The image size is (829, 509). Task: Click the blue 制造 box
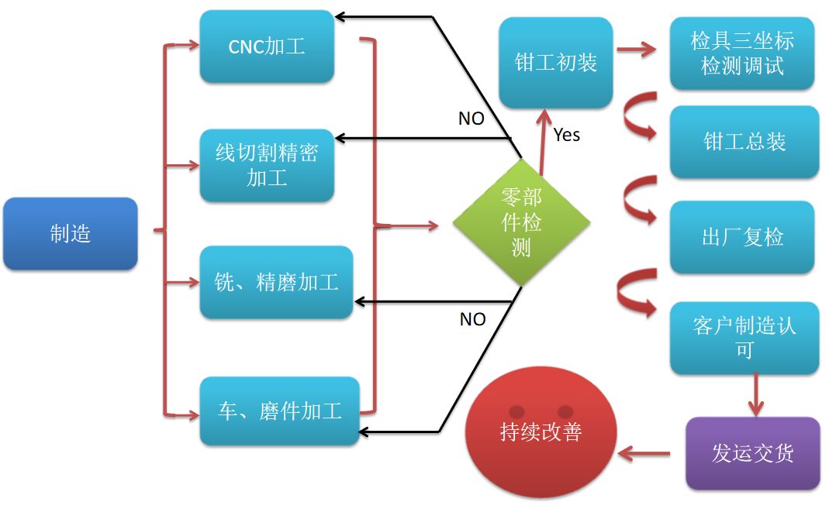(71, 233)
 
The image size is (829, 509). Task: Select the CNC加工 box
(267, 46)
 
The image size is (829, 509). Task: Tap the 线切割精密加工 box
(267, 165)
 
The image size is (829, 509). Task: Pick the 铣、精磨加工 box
(276, 282)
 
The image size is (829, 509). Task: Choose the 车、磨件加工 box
(279, 411)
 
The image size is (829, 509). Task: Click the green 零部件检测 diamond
(521, 224)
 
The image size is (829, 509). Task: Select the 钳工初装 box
(556, 63)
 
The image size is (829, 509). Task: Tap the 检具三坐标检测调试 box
(741, 53)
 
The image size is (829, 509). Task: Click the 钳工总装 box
(744, 142)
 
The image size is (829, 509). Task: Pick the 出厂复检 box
(742, 237)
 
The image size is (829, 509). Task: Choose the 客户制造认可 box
(744, 337)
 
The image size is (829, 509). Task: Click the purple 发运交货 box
(752, 453)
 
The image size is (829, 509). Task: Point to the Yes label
(567, 135)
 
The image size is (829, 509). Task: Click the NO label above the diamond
(471, 118)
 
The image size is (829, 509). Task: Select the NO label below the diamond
(472, 319)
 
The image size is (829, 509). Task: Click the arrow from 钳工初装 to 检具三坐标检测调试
(636, 53)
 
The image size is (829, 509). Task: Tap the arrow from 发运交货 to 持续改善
(644, 453)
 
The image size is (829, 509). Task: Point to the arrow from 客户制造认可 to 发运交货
(756, 395)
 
